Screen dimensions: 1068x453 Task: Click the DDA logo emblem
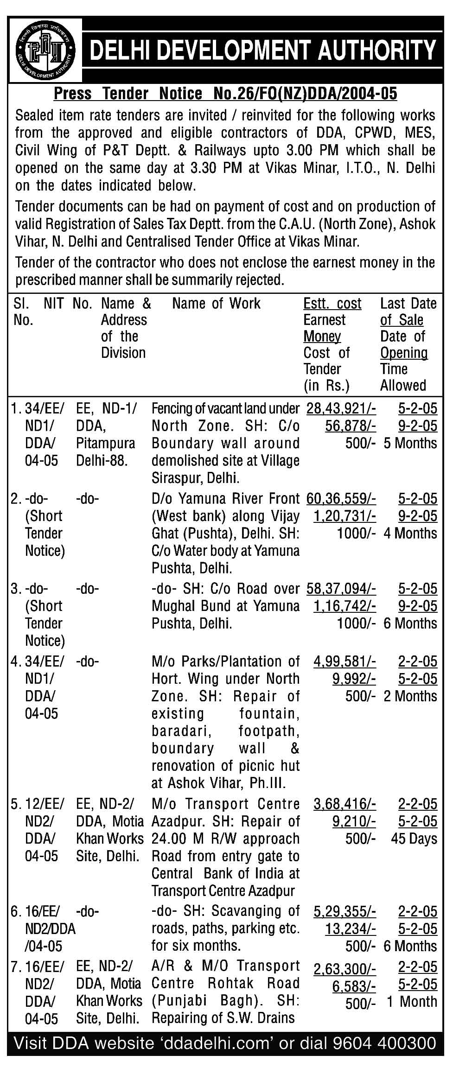(x=45, y=50)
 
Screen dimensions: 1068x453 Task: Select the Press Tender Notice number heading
(x=225, y=94)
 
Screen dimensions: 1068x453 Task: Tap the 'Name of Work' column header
(x=216, y=304)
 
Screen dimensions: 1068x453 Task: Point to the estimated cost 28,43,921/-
(x=341, y=408)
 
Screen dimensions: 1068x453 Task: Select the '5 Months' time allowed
(x=410, y=443)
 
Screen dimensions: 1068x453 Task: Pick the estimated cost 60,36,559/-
(x=341, y=498)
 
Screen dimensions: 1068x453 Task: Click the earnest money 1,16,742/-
(x=345, y=606)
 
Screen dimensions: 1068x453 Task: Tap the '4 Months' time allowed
(x=410, y=533)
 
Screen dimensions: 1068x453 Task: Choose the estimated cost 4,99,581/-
(x=345, y=661)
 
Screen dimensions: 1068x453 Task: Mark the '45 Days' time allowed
(x=414, y=839)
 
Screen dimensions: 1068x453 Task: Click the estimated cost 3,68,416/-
(x=345, y=804)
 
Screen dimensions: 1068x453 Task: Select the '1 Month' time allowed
(x=412, y=1001)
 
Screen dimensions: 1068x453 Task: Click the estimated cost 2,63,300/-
(x=345, y=968)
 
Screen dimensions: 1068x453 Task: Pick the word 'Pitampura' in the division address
(x=105, y=443)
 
